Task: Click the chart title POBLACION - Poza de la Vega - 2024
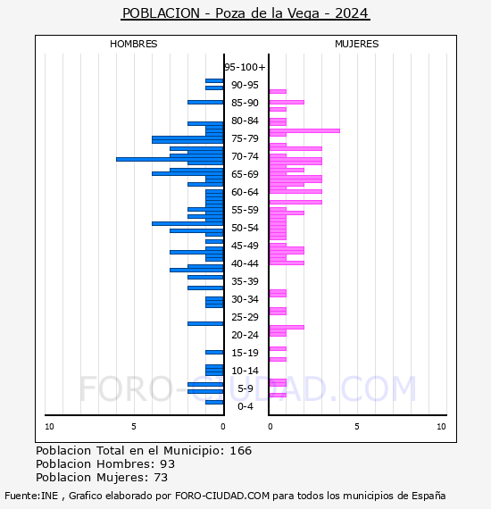tap(245, 13)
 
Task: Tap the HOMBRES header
tap(133, 44)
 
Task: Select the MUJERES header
tap(357, 44)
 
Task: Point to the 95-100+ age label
tap(245, 67)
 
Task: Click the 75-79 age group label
tap(245, 138)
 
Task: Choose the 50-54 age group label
tap(245, 228)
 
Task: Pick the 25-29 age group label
tap(245, 317)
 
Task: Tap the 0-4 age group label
tap(245, 406)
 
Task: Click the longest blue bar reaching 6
tap(170, 159)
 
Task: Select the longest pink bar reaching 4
tap(304, 130)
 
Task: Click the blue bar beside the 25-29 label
tap(205, 323)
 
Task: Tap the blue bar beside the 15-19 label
tap(214, 352)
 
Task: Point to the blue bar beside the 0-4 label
tap(214, 402)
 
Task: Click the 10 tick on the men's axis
tap(49, 427)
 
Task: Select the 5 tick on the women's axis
tap(357, 427)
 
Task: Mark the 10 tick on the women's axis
tap(441, 427)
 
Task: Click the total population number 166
tap(241, 451)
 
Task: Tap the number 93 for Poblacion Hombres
tap(168, 464)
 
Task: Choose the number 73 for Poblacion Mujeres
tap(161, 478)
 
